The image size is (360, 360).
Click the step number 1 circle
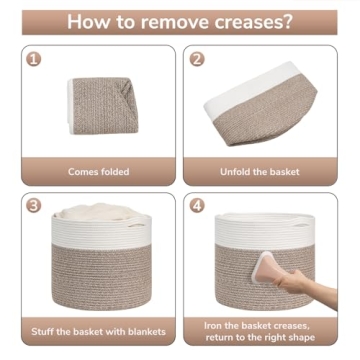(x=35, y=59)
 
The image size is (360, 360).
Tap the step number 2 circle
(x=197, y=59)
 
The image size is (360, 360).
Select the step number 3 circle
(x=35, y=206)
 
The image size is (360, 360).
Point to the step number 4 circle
(x=197, y=206)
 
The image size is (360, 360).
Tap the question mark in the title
(x=292, y=21)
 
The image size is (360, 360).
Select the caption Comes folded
(x=98, y=172)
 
